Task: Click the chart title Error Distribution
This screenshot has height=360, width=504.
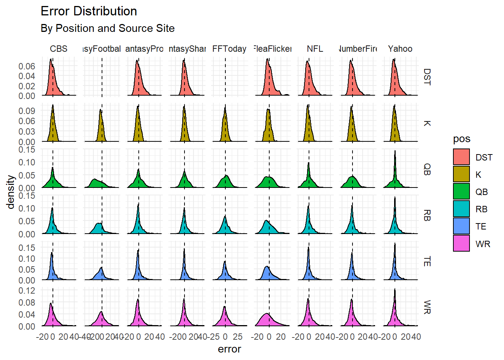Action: click(89, 11)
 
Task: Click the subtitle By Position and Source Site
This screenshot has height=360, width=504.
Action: click(108, 28)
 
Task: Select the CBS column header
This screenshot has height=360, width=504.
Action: click(59, 49)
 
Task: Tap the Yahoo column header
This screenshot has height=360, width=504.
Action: click(400, 49)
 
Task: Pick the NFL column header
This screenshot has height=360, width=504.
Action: click(315, 49)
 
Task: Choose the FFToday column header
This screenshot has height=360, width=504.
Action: click(229, 49)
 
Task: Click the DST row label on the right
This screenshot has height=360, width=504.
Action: click(427, 77)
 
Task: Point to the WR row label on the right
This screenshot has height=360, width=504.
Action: click(427, 307)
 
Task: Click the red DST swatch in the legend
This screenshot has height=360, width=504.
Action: click(461, 157)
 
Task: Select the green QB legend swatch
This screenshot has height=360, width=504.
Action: click(461, 191)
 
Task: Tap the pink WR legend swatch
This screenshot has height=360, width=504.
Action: click(461, 243)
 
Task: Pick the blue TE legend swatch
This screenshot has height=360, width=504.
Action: click(461, 226)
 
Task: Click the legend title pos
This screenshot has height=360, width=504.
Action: click(462, 139)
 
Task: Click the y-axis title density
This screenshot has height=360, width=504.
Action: click(11, 192)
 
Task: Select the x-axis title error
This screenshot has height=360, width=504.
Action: click(229, 349)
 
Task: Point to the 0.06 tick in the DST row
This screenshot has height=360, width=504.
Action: click(27, 66)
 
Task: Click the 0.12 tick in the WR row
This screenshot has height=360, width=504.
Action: click(27, 290)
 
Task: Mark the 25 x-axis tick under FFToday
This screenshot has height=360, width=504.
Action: click(237, 337)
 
